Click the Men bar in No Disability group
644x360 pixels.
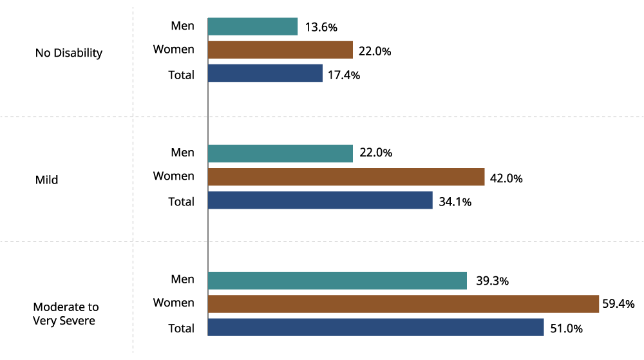click(252, 26)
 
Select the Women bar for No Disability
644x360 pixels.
click(280, 50)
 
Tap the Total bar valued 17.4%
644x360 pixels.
click(265, 73)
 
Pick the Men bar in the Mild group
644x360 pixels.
click(280, 153)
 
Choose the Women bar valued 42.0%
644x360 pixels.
click(346, 177)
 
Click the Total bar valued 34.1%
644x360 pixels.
click(320, 200)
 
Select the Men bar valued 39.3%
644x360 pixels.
click(337, 280)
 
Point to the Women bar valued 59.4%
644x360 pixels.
click(403, 303)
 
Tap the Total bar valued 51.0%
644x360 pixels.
click(375, 327)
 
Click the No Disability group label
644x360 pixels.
click(69, 53)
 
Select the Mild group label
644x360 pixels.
click(46, 180)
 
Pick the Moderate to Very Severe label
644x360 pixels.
click(66, 314)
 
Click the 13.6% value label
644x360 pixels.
click(321, 27)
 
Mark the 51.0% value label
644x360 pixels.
click(566, 328)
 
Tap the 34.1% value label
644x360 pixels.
click(455, 202)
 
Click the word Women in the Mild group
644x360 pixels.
click(173, 176)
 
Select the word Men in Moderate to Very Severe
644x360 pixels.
click(182, 279)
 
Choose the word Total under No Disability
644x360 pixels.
click(181, 75)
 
